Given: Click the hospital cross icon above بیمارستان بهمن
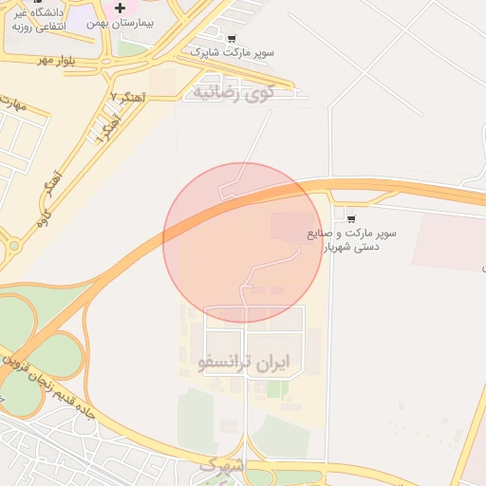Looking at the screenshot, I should click(119, 9).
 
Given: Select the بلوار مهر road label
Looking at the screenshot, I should click(56, 60).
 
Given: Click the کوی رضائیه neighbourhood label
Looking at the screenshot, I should click(232, 93).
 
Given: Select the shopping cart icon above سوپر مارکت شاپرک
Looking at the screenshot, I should click(232, 39).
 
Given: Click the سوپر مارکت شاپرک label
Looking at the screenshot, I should click(233, 52).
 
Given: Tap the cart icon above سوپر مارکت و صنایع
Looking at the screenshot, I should click(351, 218).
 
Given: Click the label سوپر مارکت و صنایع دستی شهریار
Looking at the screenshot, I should click(351, 239).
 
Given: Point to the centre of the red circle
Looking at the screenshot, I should click(243, 242).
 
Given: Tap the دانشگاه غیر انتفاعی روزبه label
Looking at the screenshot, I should click(38, 20).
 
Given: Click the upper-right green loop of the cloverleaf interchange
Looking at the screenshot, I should click(57, 355).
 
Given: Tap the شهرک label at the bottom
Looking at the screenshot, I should click(223, 466).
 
